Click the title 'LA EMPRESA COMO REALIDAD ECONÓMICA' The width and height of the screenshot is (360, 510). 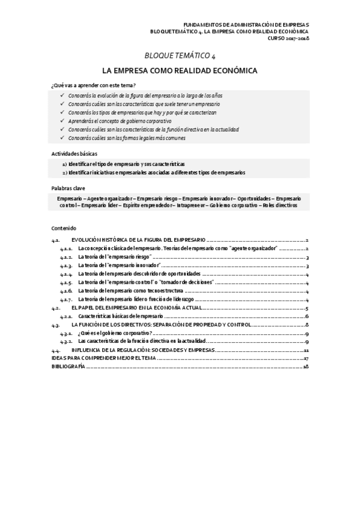pyautogui.click(x=180, y=70)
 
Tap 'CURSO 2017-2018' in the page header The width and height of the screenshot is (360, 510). pyautogui.click(x=288, y=38)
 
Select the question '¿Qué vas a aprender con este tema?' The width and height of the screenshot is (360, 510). pyautogui.click(x=93, y=85)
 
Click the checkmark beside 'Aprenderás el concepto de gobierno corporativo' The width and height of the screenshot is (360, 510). pyautogui.click(x=63, y=121)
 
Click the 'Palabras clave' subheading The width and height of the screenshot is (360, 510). pyautogui.click(x=68, y=188)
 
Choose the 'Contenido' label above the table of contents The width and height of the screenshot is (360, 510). pyautogui.click(x=64, y=229)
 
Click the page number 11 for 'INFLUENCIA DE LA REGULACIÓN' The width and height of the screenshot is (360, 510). pyautogui.click(x=305, y=350)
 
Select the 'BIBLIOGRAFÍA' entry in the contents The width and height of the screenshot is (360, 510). pyautogui.click(x=68, y=366)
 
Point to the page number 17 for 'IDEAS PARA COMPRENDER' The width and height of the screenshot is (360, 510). pyautogui.click(x=305, y=358)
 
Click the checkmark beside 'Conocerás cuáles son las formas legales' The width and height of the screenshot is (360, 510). pyautogui.click(x=63, y=138)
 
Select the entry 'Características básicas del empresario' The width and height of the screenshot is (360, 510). pyautogui.click(x=120, y=316)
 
